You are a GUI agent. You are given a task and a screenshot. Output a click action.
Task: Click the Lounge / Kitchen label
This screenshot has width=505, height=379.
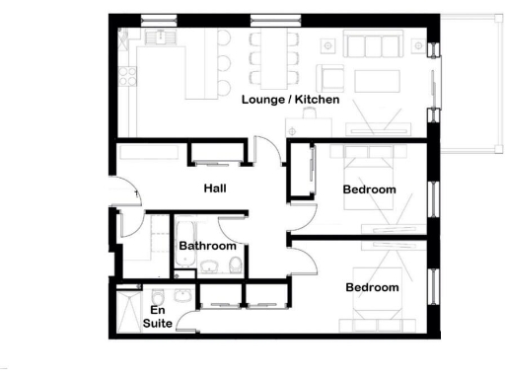click(x=291, y=100)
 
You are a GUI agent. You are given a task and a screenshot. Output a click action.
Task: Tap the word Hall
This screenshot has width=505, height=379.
click(x=216, y=188)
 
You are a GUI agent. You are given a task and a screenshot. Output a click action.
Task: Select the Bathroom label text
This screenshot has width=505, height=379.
click(x=207, y=246)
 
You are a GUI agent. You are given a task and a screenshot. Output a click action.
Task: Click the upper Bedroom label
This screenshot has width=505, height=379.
click(x=369, y=189)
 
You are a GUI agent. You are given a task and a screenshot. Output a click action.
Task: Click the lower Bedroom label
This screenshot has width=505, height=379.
click(x=372, y=287)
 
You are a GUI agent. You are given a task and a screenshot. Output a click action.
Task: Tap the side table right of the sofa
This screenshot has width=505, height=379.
click(x=418, y=46)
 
